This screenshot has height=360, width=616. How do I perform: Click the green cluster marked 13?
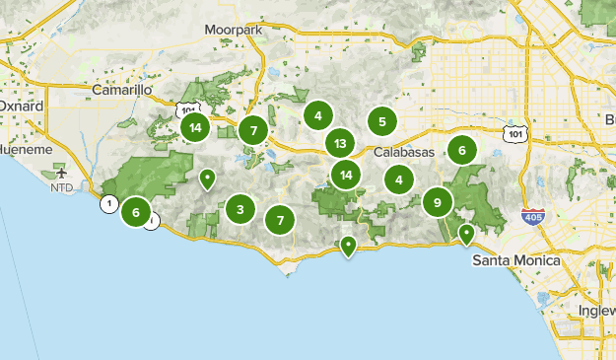340,144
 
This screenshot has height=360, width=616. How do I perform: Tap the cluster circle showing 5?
381,122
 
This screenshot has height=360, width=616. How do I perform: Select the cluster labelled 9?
437,203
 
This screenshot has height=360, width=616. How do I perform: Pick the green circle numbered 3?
240,209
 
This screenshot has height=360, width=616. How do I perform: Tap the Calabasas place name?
404,152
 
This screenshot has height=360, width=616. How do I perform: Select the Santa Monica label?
515,260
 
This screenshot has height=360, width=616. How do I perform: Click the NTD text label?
63,186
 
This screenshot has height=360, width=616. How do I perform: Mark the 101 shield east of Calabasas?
513,132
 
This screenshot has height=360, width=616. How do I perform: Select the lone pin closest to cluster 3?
207,180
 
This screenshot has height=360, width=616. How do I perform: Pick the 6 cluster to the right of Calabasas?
460,150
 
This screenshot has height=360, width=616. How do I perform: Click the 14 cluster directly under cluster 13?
344,176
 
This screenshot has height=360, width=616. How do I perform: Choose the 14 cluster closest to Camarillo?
195,126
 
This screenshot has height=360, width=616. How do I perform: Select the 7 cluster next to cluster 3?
281,220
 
